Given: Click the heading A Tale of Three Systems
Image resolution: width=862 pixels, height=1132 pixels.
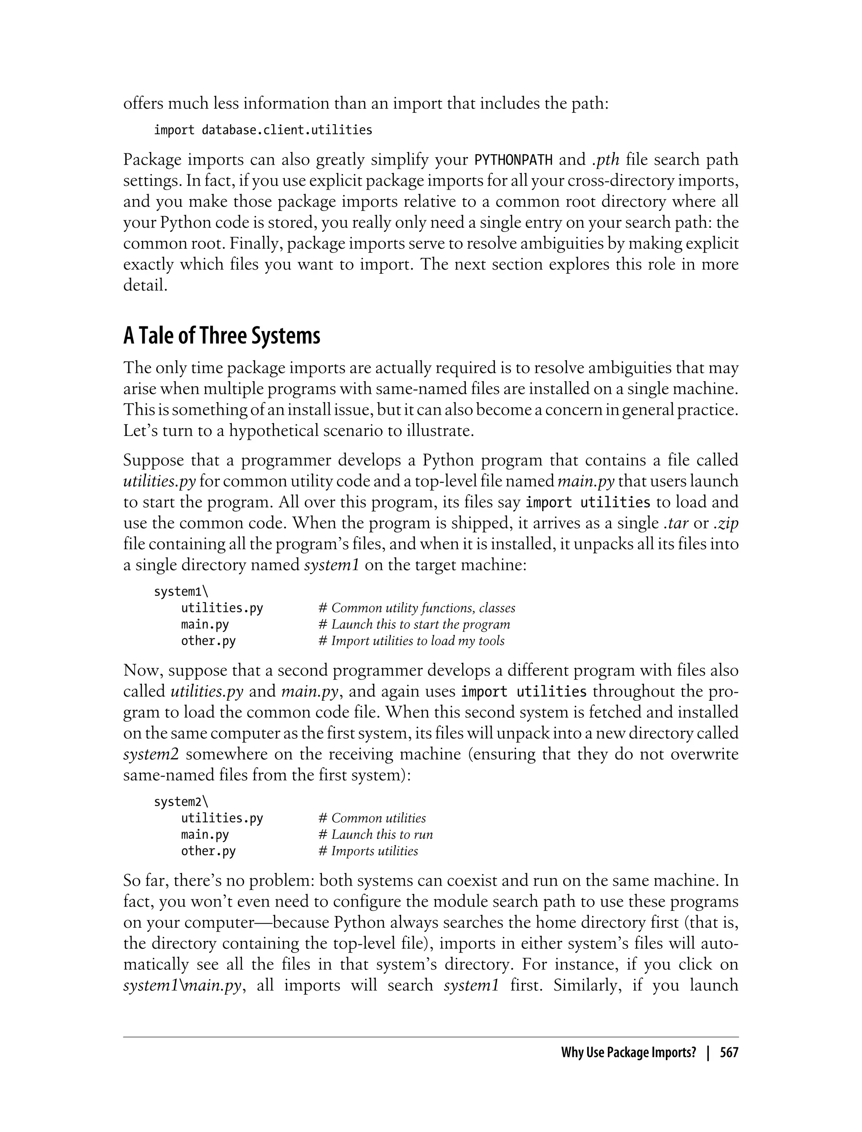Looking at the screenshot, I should [222, 336].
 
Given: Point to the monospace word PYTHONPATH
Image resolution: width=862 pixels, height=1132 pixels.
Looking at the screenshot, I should [513, 160].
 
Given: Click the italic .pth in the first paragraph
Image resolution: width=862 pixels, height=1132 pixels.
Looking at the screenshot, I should [605, 160].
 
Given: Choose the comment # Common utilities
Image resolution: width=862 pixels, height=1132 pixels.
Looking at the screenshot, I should [372, 818].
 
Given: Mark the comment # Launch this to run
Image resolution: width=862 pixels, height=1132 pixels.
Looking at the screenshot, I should [375, 834].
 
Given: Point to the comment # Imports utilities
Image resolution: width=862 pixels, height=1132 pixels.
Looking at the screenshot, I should [368, 851].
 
